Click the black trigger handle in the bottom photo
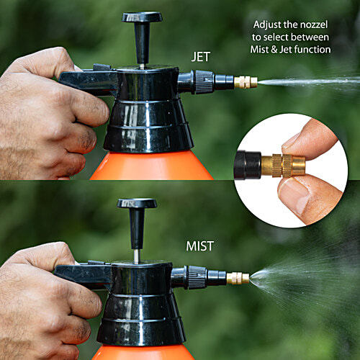click(79, 274)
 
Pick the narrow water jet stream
click(310, 81)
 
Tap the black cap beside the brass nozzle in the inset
click(251, 165)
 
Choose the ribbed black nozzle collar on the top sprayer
click(204, 82)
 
